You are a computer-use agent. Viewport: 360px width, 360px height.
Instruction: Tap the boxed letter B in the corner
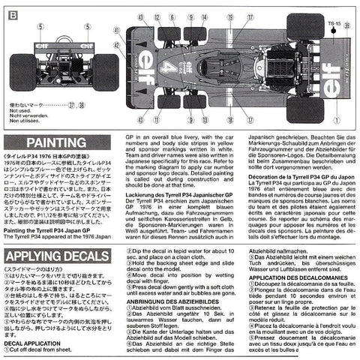[x=7, y=6]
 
